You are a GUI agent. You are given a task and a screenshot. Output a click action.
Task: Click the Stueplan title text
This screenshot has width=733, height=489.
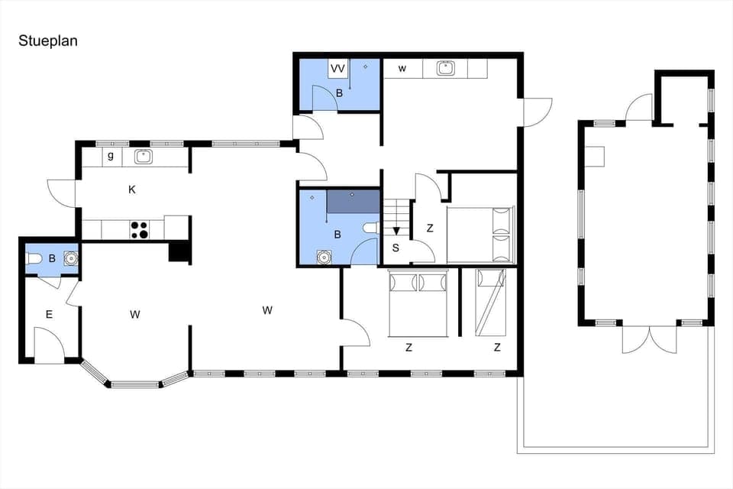point(48,41)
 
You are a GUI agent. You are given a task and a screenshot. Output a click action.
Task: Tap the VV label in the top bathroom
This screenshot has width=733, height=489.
point(337,69)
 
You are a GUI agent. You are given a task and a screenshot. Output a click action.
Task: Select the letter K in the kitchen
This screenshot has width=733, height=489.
point(132,189)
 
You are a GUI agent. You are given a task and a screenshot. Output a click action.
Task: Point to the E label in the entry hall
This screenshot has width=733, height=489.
point(49,314)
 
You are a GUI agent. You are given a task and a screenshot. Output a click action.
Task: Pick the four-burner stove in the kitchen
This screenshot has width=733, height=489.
point(139,229)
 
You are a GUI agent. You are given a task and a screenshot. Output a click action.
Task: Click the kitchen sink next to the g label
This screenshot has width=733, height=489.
point(143,157)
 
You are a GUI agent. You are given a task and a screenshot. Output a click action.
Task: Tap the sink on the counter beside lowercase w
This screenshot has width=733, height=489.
point(446,69)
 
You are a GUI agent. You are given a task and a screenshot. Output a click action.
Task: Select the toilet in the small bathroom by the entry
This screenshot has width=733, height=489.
point(34,259)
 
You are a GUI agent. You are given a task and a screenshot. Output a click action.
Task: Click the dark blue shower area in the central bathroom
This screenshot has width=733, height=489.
point(353,202)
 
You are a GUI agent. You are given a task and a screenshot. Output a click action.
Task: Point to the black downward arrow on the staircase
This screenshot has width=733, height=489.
point(396,231)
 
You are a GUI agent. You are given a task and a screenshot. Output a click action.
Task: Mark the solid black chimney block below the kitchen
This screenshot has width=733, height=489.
point(179,252)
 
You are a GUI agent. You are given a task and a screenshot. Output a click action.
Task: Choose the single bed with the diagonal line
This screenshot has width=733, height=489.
point(490,303)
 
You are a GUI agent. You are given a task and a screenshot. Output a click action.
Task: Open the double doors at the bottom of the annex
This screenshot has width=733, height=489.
point(649,338)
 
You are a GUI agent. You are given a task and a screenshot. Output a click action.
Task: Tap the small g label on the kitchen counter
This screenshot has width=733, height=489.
point(111,156)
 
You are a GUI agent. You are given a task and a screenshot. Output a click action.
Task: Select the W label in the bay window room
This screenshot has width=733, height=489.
point(135,313)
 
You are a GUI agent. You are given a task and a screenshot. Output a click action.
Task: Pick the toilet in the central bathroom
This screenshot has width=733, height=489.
point(370,228)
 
